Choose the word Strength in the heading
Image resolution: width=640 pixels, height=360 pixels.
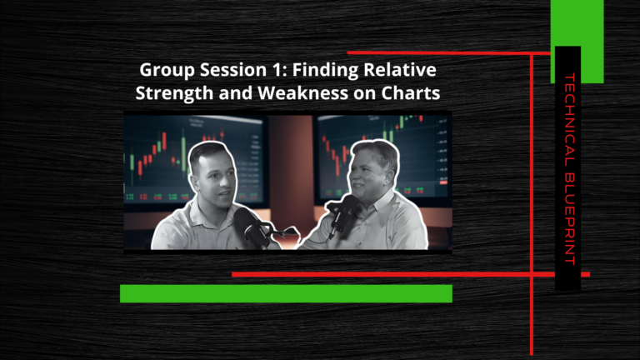coord(175,93)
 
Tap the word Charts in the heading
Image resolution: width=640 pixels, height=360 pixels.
coord(411,92)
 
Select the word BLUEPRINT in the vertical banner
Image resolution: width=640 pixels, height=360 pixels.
coord(569,219)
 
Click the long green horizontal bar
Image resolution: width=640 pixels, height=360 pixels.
coord(286,293)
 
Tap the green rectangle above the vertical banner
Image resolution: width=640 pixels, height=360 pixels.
coord(577,41)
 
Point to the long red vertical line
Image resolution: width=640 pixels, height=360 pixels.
coord(532,204)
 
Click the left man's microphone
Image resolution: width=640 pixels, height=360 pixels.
coord(251,227)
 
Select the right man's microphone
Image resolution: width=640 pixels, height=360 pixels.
coord(342,214)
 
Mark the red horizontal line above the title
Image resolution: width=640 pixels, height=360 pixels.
coord(449,53)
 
